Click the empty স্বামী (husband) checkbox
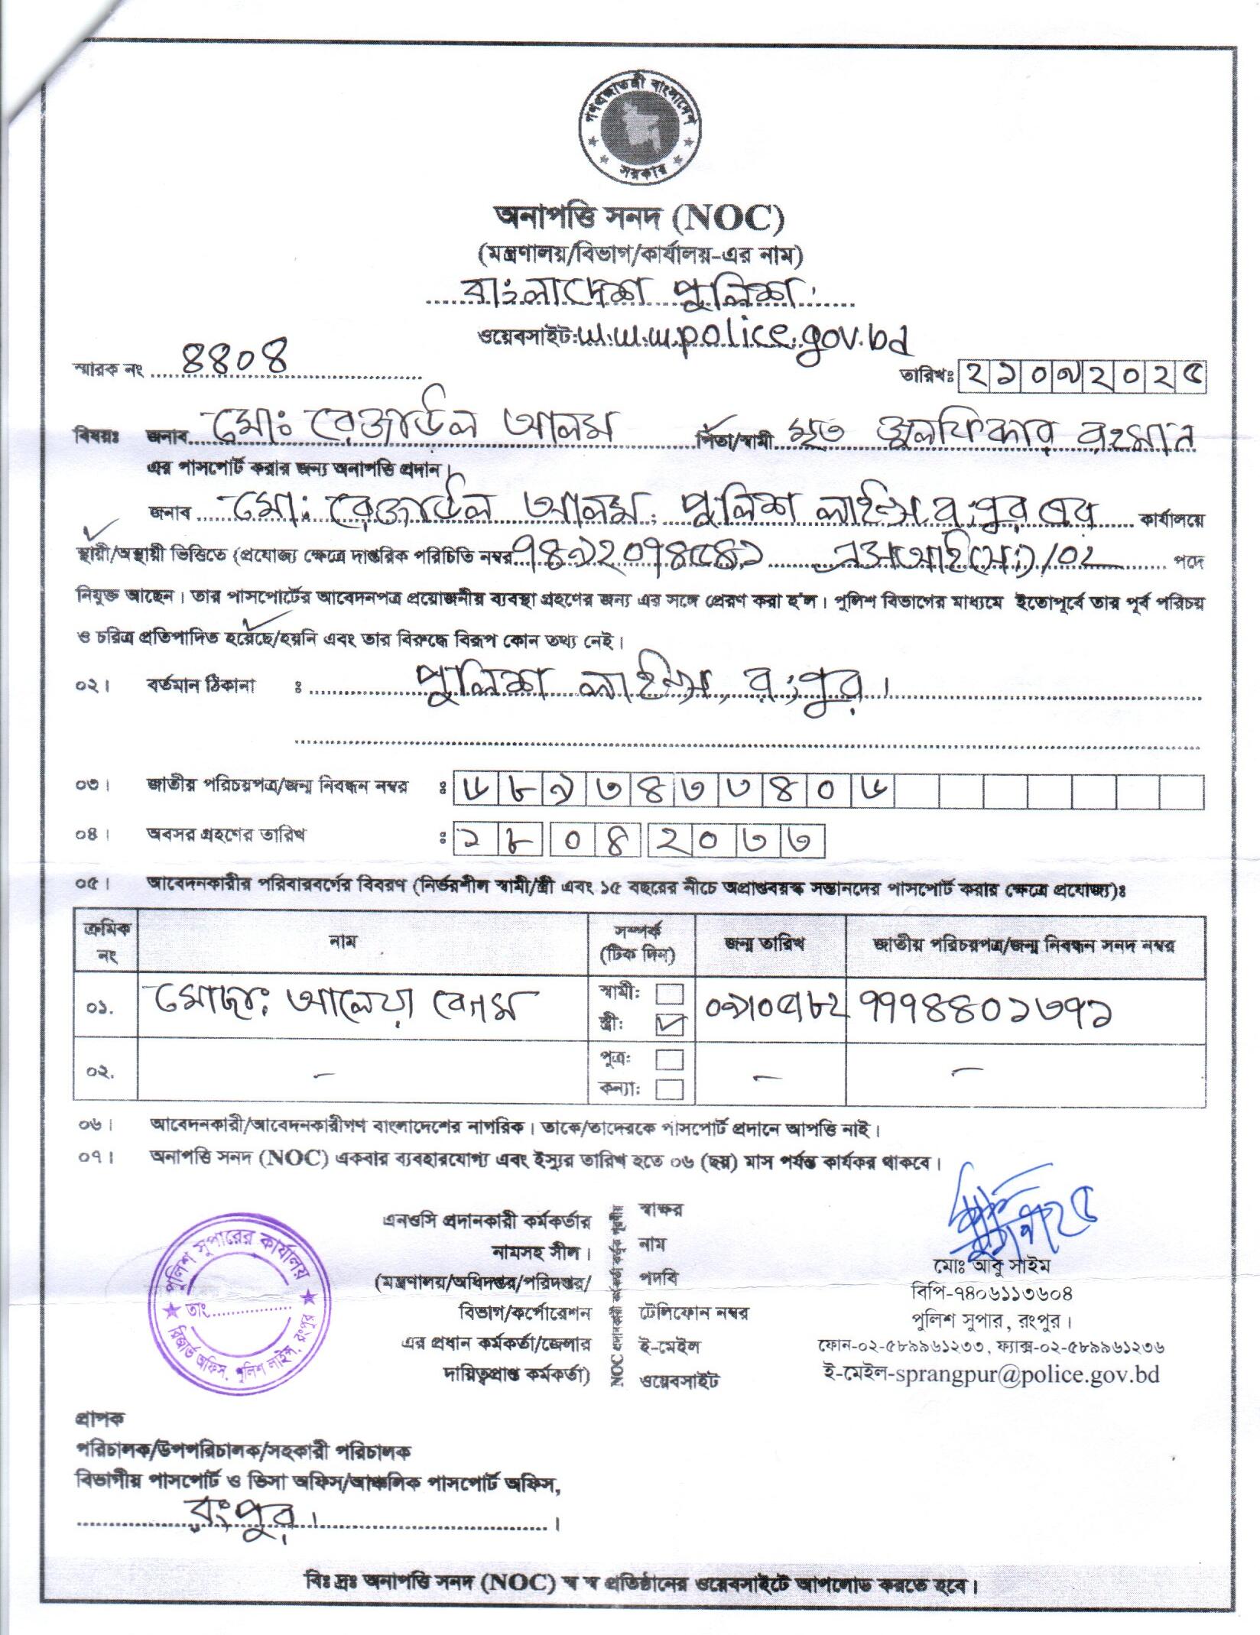pyautogui.click(x=671, y=994)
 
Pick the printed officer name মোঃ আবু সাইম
pyautogui.click(x=991, y=1266)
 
